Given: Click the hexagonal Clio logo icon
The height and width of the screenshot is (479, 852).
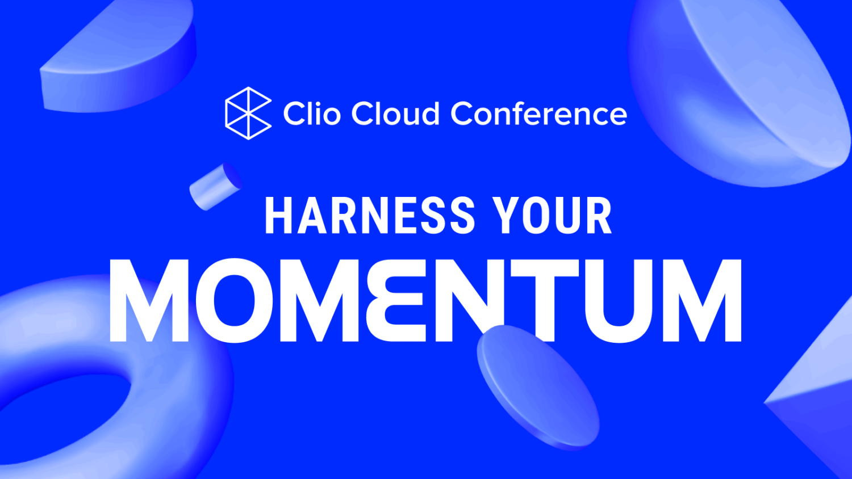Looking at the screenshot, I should point(248,113).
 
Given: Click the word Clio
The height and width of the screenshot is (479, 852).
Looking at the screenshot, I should point(311,114).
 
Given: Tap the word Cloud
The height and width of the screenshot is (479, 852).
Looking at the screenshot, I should point(395,114).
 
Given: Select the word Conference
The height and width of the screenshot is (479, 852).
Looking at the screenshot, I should point(538,114).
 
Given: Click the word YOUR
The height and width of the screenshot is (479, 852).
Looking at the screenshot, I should point(552,216).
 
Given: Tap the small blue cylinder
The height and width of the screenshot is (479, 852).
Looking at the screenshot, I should point(215,186).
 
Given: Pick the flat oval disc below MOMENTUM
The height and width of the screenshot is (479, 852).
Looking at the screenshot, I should point(537,386).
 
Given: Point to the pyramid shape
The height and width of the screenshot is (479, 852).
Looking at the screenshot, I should point(818,397).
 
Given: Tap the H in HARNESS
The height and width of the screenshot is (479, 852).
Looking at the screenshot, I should point(278,216).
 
